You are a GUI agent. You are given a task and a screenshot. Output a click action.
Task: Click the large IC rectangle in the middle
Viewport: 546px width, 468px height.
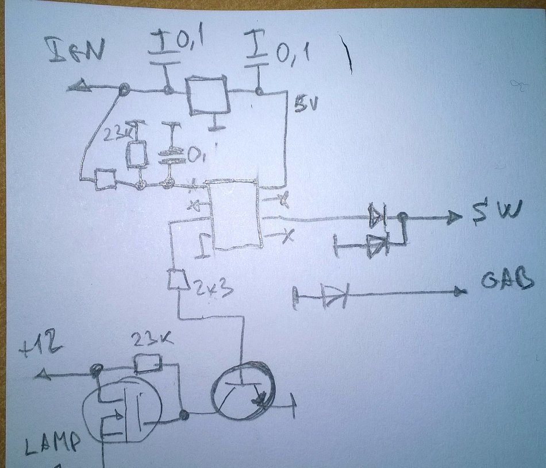point(236,214)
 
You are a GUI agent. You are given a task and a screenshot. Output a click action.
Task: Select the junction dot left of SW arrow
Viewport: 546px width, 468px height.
point(403,216)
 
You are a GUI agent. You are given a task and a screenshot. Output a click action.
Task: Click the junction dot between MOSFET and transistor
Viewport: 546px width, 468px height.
point(184,415)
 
